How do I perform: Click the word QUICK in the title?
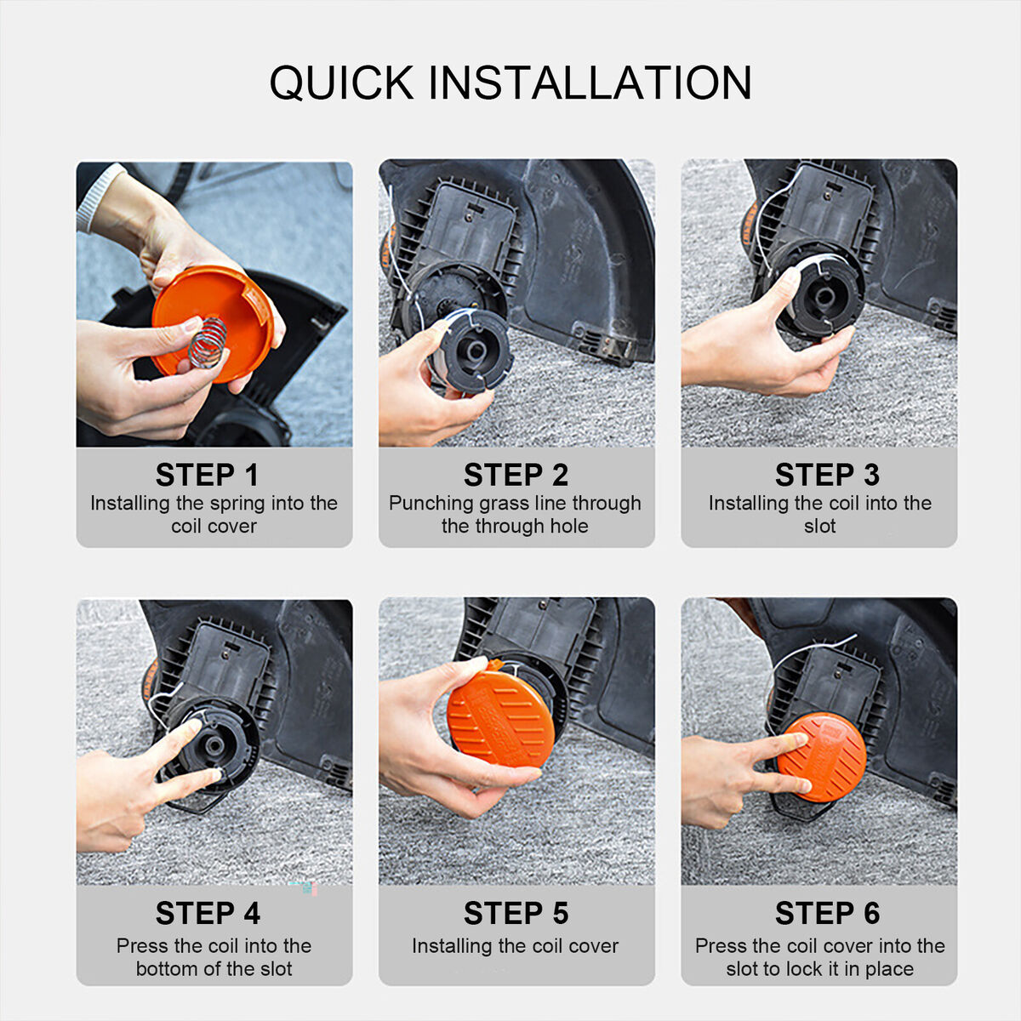click(342, 83)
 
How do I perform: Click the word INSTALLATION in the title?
click(590, 83)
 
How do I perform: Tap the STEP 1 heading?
click(207, 475)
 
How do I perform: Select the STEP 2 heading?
click(516, 475)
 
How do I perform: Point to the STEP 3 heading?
click(827, 475)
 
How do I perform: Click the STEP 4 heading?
click(208, 913)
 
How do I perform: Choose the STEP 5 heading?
click(516, 913)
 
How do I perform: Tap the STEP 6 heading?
click(827, 913)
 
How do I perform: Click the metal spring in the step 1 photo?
click(208, 342)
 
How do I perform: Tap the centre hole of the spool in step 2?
click(476, 351)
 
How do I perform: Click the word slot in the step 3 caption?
click(819, 526)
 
